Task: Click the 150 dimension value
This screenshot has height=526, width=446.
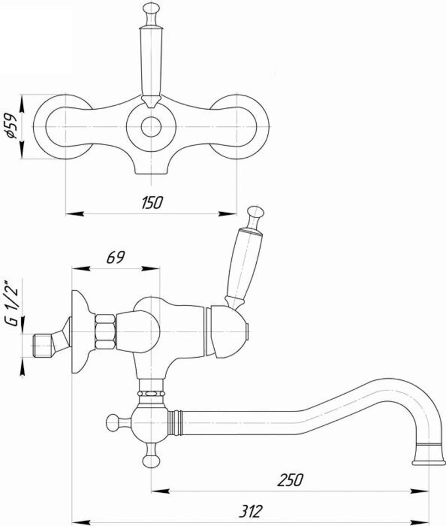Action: point(152,203)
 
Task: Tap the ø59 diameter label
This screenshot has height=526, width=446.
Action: point(11,126)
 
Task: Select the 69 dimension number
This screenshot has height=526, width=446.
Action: point(116,257)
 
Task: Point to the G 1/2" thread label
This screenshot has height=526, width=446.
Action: point(12,302)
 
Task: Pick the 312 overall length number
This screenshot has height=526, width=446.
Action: point(251,512)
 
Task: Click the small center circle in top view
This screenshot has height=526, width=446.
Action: point(151,127)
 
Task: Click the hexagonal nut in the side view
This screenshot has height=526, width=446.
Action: point(106,332)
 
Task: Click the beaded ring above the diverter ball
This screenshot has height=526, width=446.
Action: point(151,393)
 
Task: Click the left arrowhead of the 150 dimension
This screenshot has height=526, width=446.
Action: point(74,213)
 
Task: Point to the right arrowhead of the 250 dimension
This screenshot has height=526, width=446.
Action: point(421,492)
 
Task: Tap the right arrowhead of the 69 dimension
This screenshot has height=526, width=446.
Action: point(151,268)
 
